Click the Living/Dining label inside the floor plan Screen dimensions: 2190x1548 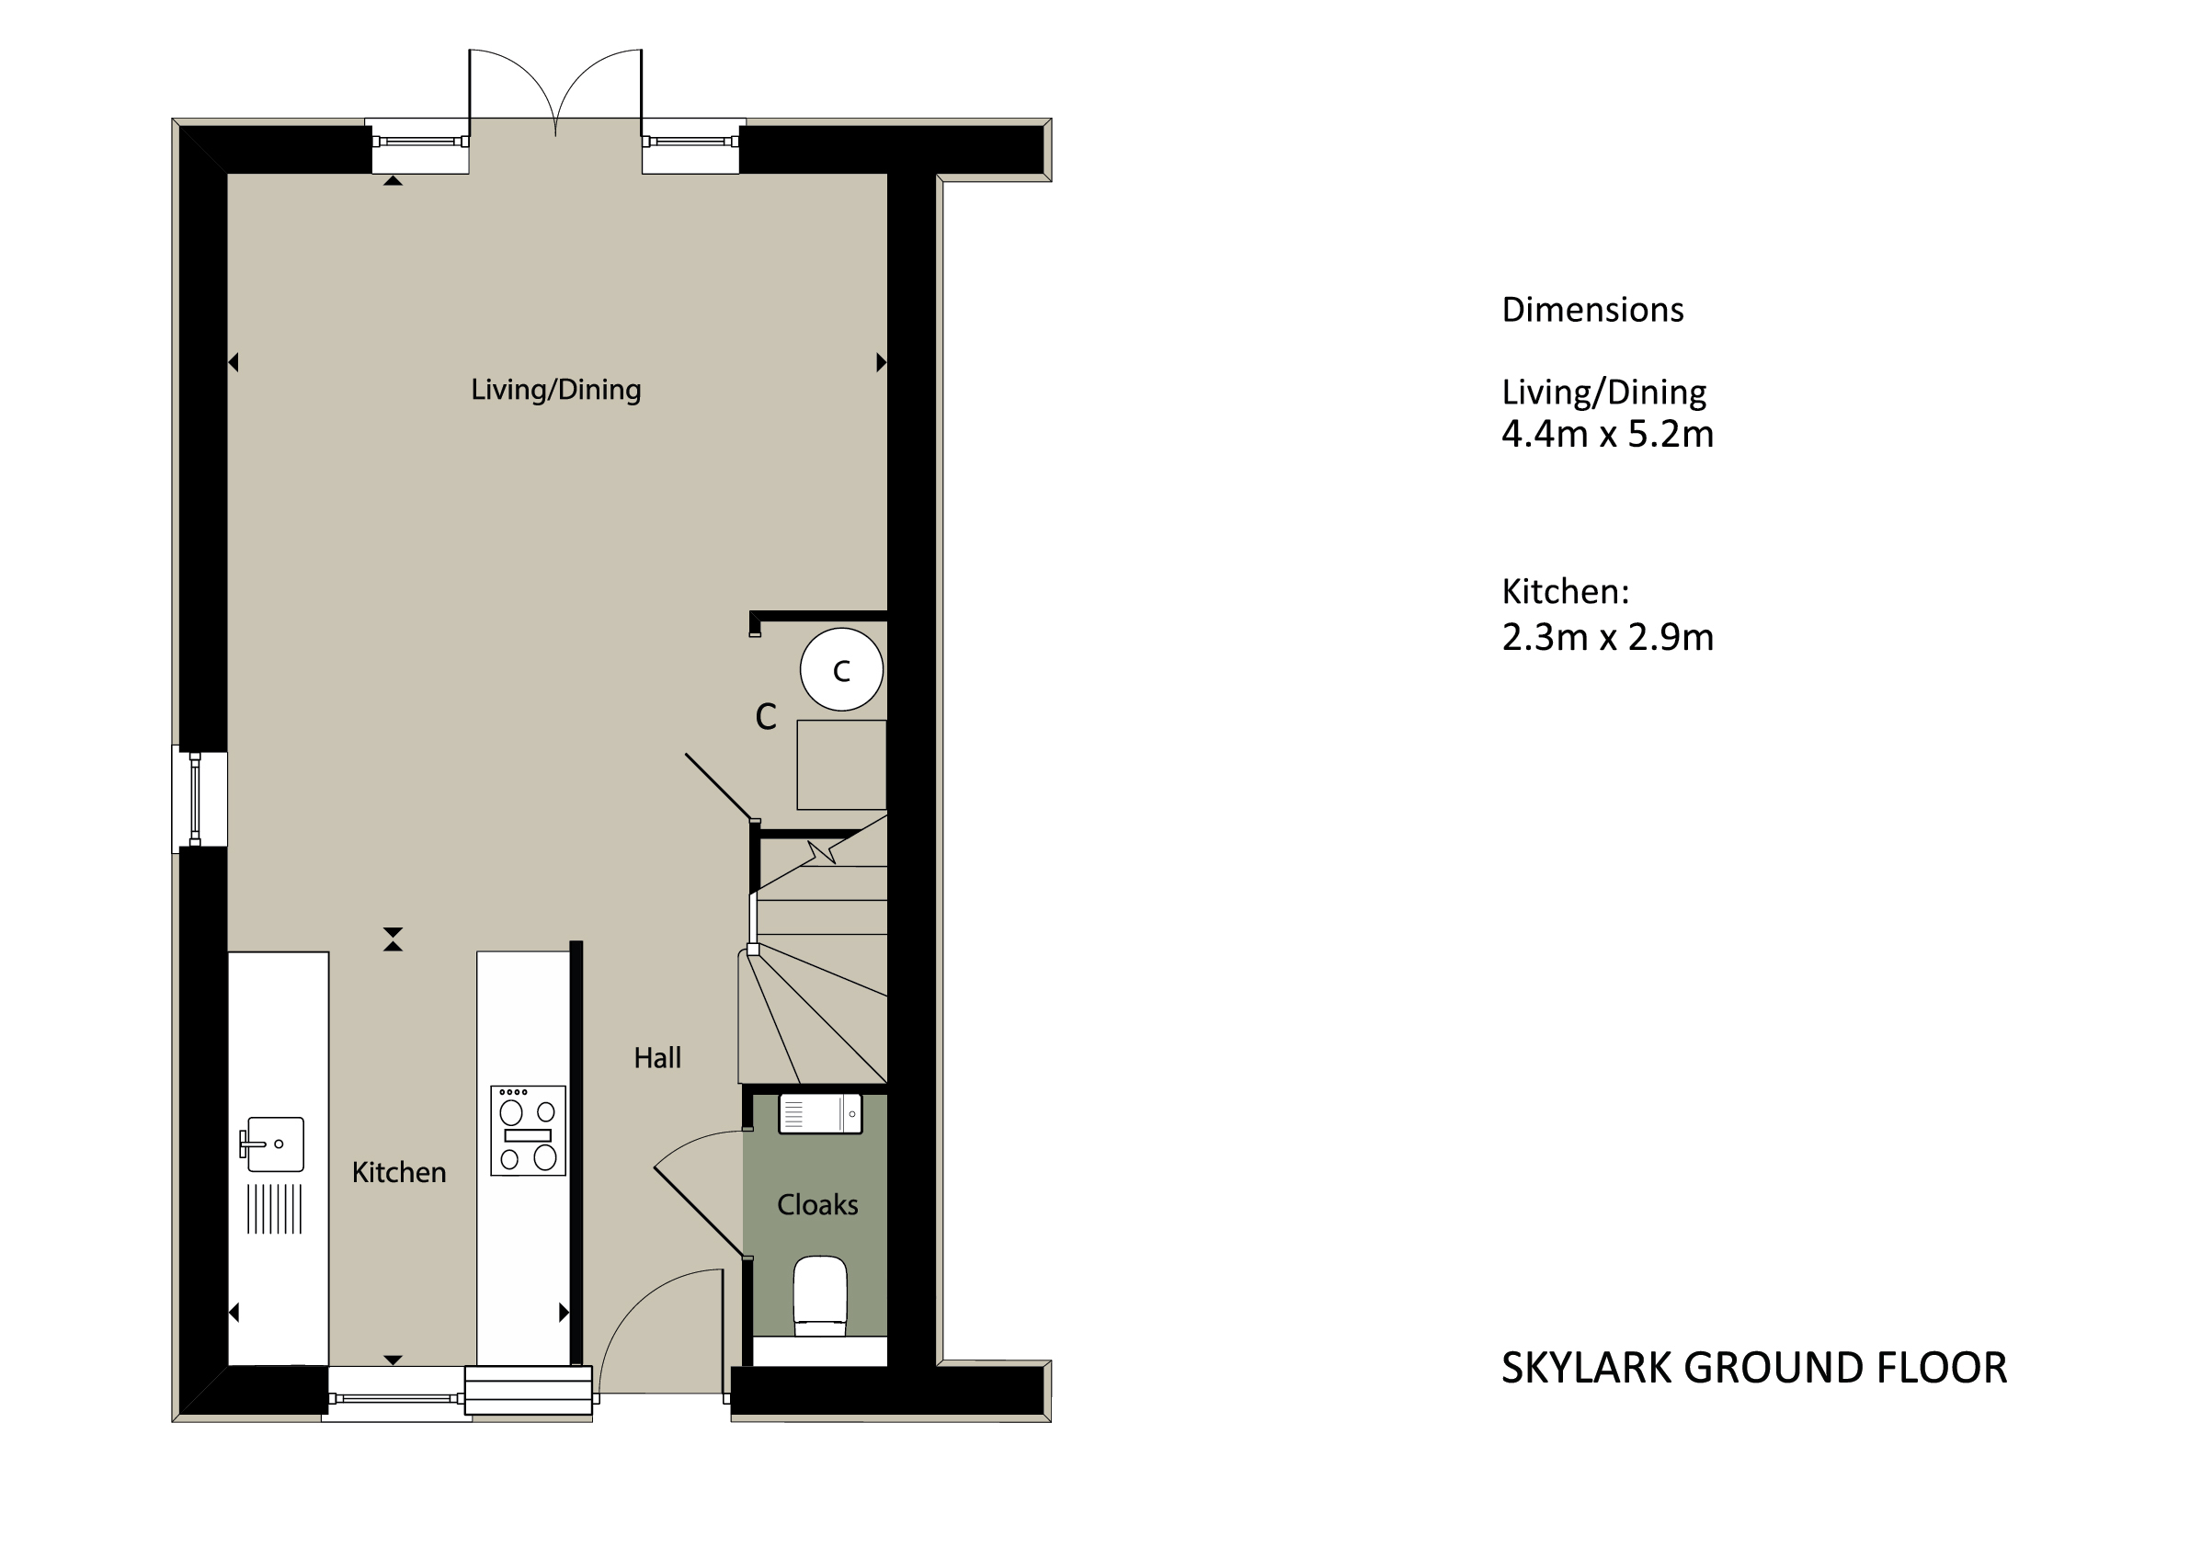tap(556, 390)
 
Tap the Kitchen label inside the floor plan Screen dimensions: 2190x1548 tap(399, 1172)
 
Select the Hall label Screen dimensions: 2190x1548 tap(657, 1058)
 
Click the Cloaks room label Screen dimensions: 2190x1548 tap(817, 1204)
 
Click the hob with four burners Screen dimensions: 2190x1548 tap(529, 1131)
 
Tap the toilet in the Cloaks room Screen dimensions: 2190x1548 tap(820, 1296)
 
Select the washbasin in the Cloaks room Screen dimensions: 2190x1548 tap(820, 1113)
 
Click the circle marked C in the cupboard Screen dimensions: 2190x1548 tap(841, 669)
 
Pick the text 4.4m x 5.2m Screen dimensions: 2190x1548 tap(1607, 434)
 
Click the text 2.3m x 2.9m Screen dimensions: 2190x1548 tap(1607, 637)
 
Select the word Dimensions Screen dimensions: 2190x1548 tap(1592, 310)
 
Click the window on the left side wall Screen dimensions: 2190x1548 tap(196, 798)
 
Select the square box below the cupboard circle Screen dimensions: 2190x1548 tap(841, 765)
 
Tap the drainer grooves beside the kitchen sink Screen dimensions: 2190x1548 tap(275, 1210)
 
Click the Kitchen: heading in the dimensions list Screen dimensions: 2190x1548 tap(1565, 592)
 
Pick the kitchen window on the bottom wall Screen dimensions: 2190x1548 tap(396, 1398)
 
